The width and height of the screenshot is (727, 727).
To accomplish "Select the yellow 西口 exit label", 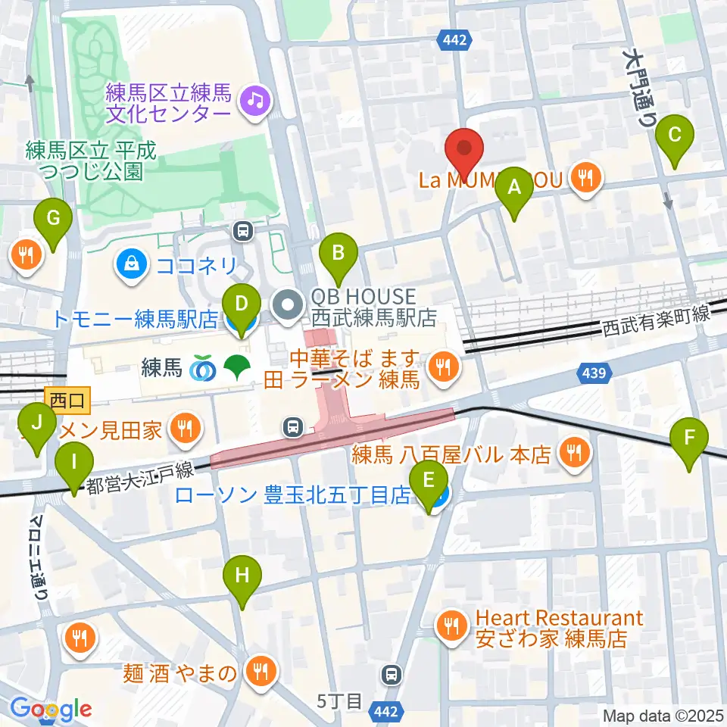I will tap(68, 398).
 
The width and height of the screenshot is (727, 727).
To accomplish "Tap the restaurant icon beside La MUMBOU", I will tap(585, 179).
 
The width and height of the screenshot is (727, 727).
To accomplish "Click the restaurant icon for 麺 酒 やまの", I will tap(259, 669).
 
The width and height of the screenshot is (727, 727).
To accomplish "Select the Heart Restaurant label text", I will tap(560, 619).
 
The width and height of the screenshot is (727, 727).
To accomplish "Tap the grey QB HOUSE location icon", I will tap(287, 305).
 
